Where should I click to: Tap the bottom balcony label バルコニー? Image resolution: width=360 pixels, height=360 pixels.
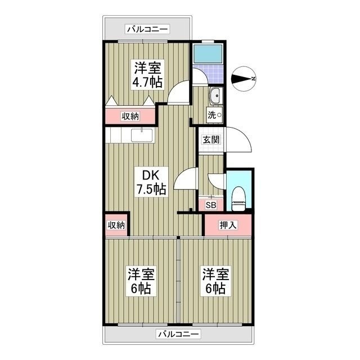tap(178, 334)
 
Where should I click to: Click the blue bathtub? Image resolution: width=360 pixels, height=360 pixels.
tap(208, 54)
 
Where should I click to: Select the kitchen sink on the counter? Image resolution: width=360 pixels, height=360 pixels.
tap(142, 136)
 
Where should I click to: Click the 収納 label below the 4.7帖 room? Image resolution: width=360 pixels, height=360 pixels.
tap(130, 116)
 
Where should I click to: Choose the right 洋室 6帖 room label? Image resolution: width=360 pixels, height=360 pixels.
tap(216, 281)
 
